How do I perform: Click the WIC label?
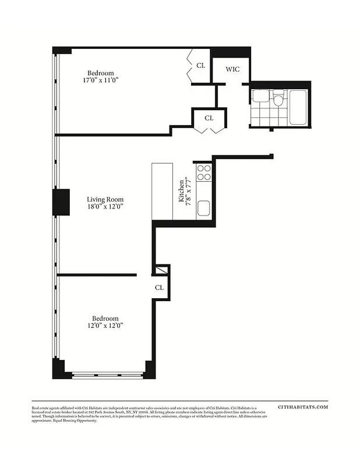tap(232, 69)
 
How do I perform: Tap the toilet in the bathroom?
tap(278, 100)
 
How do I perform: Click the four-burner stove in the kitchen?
tap(204, 172)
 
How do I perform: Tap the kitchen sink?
tap(203, 207)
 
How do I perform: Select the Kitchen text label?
tap(182, 190)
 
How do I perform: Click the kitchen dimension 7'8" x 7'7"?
tap(189, 190)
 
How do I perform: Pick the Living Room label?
tap(105, 199)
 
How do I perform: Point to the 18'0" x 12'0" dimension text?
tap(105, 206)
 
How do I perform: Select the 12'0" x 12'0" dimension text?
tap(105, 326)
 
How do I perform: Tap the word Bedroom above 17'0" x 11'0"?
tap(101, 73)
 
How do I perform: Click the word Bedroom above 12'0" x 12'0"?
tap(105, 319)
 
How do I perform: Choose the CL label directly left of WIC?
tap(200, 66)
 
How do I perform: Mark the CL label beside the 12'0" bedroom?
tap(159, 288)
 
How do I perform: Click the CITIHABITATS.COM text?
tap(303, 408)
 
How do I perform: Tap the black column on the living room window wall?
tap(61, 202)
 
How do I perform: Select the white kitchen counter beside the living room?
tap(163, 191)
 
